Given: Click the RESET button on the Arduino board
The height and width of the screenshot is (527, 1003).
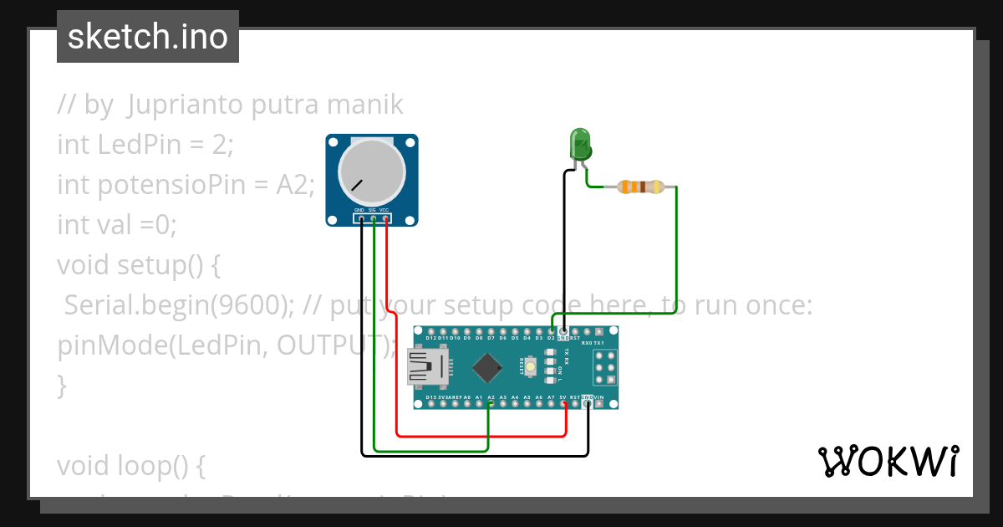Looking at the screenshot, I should click(x=528, y=366).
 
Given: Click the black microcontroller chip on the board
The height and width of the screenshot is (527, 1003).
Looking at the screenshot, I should click(x=487, y=367).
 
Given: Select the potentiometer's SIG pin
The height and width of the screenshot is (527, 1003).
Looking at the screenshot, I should click(x=374, y=219).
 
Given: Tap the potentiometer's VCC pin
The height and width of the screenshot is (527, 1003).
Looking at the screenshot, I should click(x=386, y=219).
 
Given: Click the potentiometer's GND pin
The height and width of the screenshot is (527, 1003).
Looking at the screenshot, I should click(x=361, y=219).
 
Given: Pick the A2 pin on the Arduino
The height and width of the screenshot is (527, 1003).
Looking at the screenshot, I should click(x=491, y=404).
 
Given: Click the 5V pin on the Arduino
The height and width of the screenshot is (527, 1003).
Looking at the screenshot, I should click(x=564, y=404).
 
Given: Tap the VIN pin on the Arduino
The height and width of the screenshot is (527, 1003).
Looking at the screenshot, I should click(x=600, y=404).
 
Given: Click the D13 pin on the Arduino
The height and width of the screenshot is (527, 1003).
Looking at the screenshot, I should click(x=430, y=404).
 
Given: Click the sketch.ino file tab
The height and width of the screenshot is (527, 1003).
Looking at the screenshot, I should click(x=148, y=37).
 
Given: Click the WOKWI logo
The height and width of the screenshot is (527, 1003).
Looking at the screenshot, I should click(x=888, y=461).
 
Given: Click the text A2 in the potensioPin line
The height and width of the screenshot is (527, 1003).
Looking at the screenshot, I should click(x=295, y=185).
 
